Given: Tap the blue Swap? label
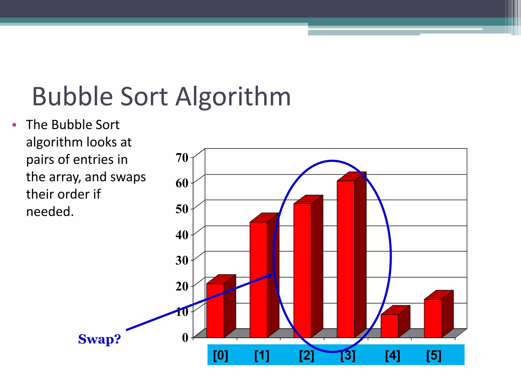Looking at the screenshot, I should click(99, 339).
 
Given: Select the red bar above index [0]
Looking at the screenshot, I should click(215, 311).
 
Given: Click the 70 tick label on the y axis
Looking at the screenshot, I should click(182, 158).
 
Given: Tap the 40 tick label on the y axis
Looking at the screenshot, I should click(182, 235).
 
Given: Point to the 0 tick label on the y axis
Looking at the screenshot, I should click(185, 338).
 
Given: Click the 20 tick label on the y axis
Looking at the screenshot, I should click(182, 286).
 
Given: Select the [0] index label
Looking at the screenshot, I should click(220, 355).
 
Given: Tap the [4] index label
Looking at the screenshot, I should click(392, 355).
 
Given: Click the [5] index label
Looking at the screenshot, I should click(434, 355).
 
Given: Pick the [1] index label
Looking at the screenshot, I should click(262, 355).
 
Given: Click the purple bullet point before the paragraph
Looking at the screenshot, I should click(14, 125).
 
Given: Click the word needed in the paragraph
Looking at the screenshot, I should click(50, 212).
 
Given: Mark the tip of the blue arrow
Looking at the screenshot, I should click(273, 274).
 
